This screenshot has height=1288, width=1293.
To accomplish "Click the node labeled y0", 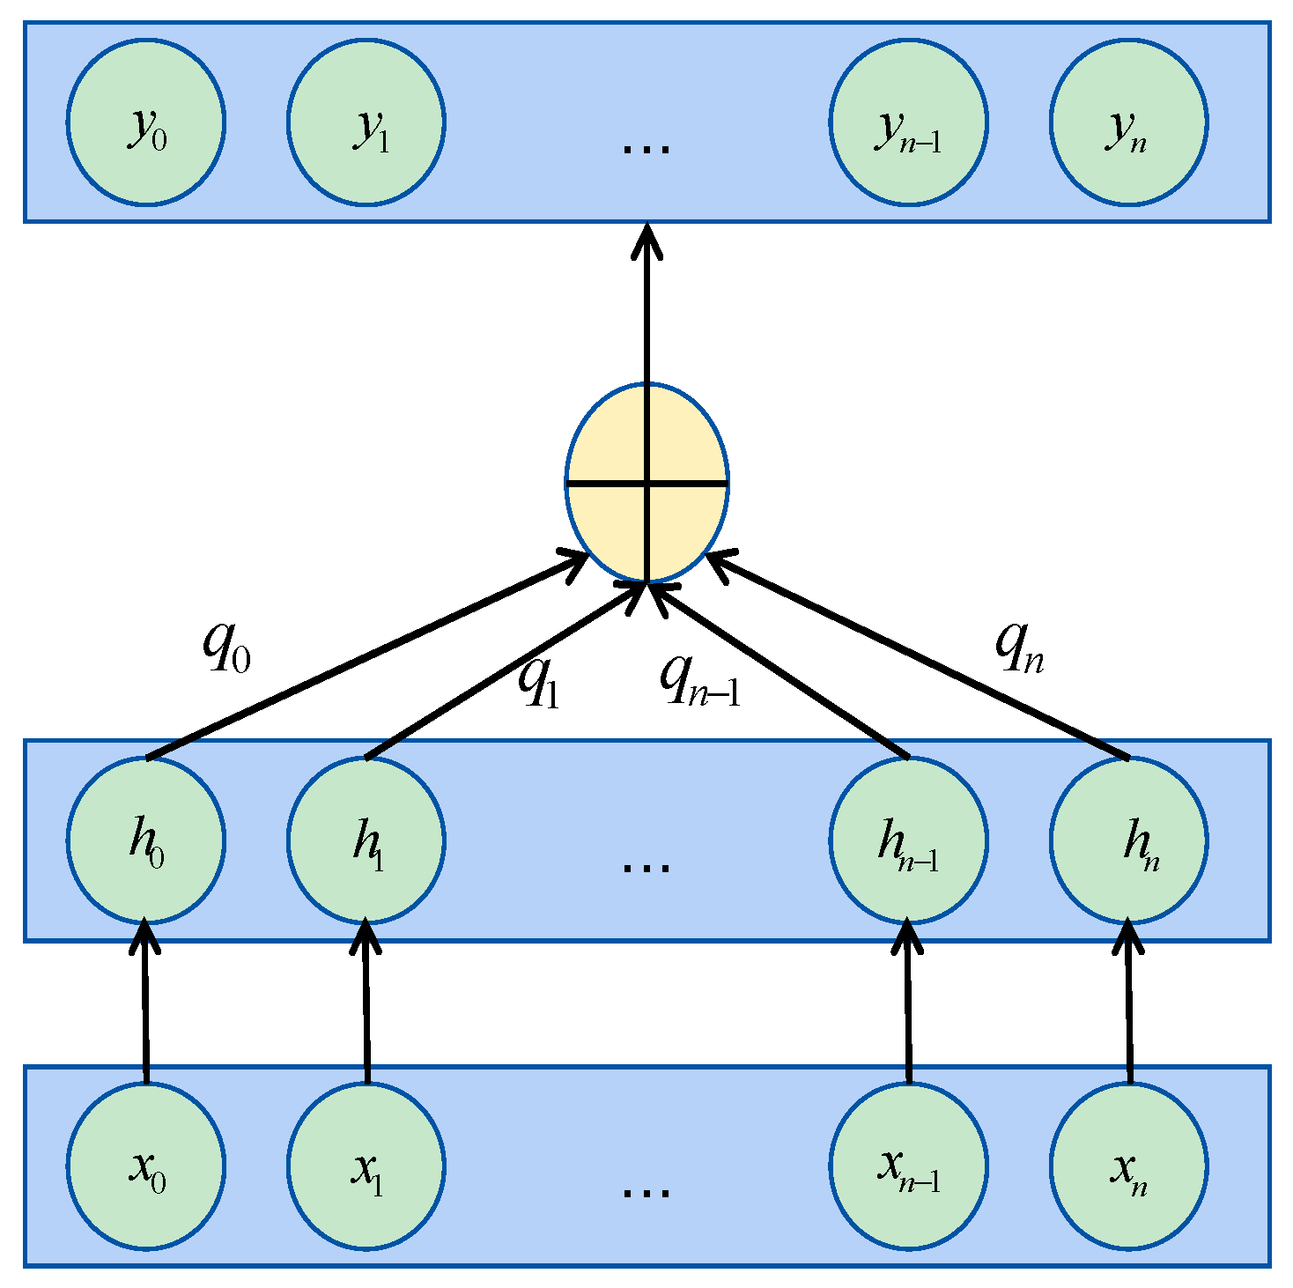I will click(146, 122).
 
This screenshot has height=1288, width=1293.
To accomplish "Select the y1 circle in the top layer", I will click(366, 122).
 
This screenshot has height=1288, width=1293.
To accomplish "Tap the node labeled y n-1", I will click(908, 122).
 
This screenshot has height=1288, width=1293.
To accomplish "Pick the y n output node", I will click(1128, 122).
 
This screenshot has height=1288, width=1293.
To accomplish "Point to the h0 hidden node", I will click(146, 840).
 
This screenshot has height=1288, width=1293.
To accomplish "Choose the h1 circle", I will click(366, 840).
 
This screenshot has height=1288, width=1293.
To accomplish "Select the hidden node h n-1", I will click(908, 840).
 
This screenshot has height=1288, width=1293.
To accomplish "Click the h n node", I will click(1128, 840).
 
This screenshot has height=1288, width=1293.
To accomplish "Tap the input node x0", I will click(146, 1166).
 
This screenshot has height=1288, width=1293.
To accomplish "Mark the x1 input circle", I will click(366, 1166).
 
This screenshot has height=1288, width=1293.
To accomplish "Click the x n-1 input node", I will click(908, 1166).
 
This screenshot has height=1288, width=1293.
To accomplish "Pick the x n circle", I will click(1128, 1166).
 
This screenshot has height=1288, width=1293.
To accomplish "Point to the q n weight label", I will click(1019, 648).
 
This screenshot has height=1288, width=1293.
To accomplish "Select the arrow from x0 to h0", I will click(145, 1004).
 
